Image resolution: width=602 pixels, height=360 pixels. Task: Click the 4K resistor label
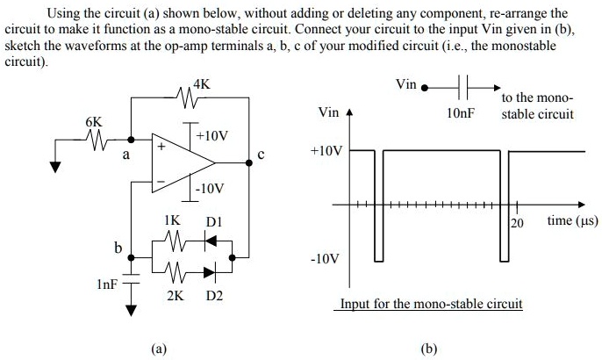(x=201, y=85)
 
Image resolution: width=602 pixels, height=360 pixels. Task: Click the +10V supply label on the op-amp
(x=213, y=136)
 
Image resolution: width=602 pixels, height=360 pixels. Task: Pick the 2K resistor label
(x=176, y=295)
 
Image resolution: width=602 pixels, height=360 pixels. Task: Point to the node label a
(x=125, y=155)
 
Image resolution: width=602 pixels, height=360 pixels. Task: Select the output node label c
(x=261, y=155)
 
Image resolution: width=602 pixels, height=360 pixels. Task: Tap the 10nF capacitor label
(x=460, y=114)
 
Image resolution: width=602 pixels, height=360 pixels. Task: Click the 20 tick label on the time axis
(x=517, y=223)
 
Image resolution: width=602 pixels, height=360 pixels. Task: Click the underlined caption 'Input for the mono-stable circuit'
(x=431, y=304)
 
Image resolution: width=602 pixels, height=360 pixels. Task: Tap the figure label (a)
(x=159, y=348)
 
